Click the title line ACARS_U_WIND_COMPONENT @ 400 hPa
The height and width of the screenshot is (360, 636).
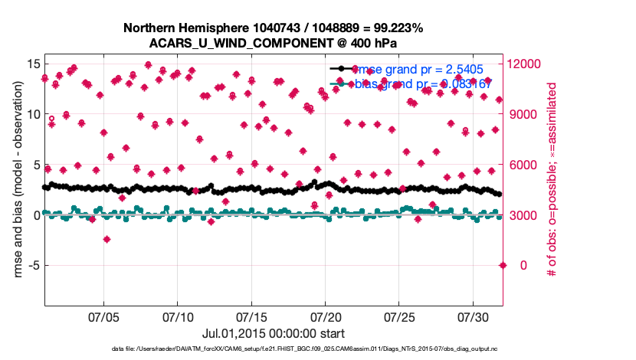tap(273, 43)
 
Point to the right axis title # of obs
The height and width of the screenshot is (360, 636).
tap(549, 181)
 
